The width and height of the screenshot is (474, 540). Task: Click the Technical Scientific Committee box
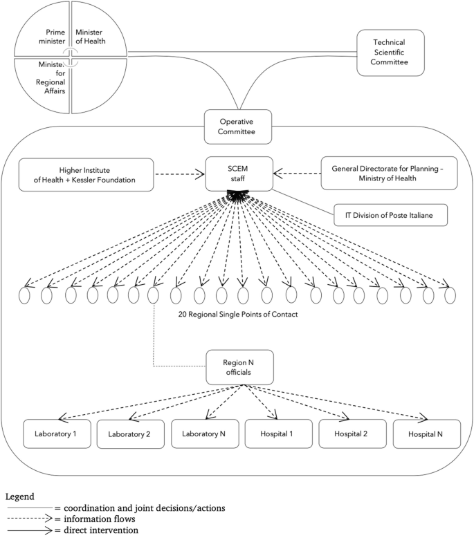(390, 53)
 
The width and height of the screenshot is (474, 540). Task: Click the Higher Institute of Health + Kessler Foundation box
(86, 176)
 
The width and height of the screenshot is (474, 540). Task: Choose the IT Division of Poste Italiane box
(390, 214)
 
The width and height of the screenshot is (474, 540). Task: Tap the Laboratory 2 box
(129, 434)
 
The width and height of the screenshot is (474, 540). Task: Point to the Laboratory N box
(205, 434)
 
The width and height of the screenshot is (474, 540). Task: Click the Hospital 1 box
(278, 434)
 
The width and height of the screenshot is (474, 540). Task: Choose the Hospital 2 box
(351, 434)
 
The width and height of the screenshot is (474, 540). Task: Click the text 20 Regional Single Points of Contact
(237, 315)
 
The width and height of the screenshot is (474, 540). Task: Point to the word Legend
(20, 496)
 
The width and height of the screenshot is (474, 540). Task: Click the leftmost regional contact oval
(25, 295)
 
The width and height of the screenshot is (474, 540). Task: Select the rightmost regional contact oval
(450, 295)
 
